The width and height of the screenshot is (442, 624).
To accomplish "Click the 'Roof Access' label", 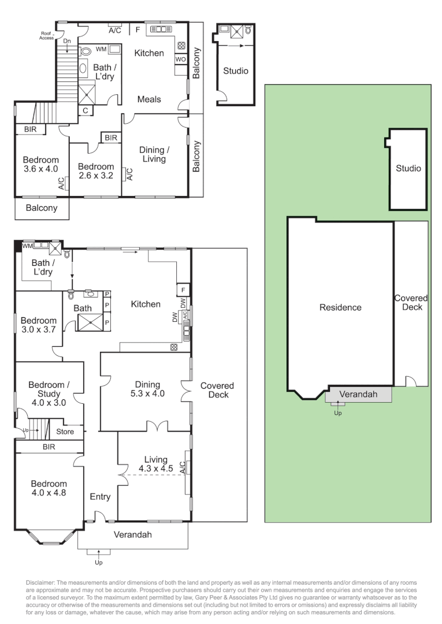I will pos(47,36).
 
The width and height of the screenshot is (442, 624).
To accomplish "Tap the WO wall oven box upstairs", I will pos(180,60).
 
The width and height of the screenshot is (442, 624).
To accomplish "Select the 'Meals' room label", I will pos(149,99).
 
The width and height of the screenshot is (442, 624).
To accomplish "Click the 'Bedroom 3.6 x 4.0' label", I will pos(40,165).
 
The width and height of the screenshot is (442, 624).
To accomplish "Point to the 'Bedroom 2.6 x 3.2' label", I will pos(96,172).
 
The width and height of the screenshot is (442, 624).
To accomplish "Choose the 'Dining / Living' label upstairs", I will pos(153,154).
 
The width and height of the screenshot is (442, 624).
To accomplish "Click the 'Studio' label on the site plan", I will pos(408,169).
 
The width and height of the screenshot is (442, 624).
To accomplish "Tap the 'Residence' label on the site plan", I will pos(340,307).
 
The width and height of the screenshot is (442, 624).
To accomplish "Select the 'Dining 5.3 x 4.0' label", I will pos(147,389).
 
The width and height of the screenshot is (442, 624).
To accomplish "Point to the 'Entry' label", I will pos(100,496).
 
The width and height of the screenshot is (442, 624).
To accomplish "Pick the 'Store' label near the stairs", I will pos(65,431).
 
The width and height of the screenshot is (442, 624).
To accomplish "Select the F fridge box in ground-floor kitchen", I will pos(183,289).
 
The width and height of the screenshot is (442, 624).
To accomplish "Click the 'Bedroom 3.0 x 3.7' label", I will pos(39,325).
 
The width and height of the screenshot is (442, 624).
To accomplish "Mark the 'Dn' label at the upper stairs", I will pos(67,41).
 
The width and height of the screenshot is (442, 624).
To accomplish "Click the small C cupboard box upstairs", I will pos(85,110).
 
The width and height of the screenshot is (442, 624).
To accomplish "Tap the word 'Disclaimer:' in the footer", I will pos(40,582).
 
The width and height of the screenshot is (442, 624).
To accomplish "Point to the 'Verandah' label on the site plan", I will pos(358,394).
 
